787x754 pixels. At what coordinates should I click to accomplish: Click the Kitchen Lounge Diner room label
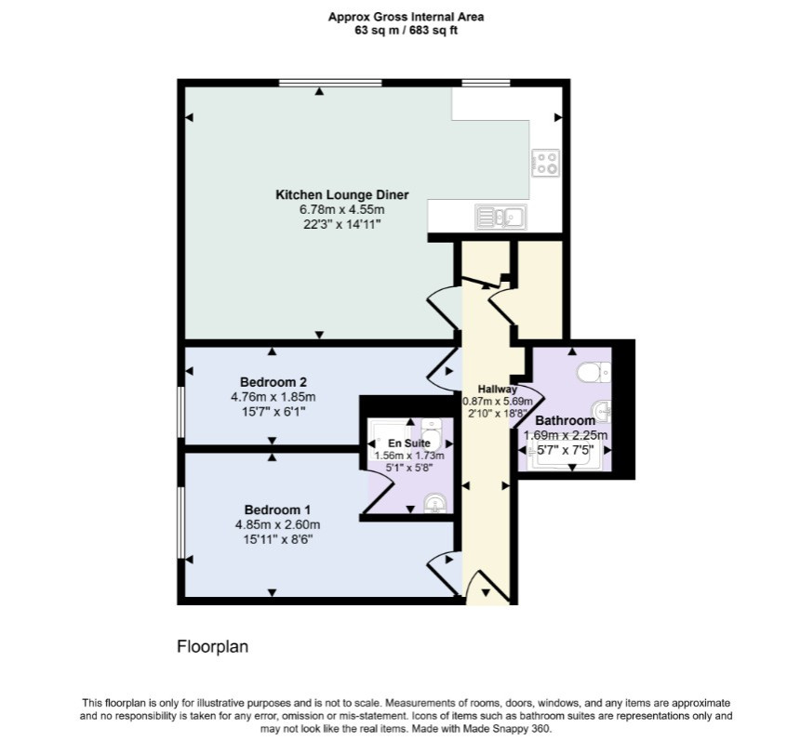pyautogui.click(x=341, y=194)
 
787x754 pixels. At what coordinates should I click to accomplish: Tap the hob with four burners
pyautogui.click(x=545, y=163)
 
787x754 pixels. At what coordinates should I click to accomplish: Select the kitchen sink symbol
pyautogui.click(x=500, y=218)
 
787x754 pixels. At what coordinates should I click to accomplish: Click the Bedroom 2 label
pyautogui.click(x=273, y=382)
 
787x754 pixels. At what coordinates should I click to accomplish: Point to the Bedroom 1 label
pyautogui.click(x=277, y=509)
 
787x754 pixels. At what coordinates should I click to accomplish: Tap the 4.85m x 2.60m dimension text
pyautogui.click(x=277, y=524)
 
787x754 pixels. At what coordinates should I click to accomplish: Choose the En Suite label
pyautogui.click(x=409, y=443)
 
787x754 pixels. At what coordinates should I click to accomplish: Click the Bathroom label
pyautogui.click(x=566, y=420)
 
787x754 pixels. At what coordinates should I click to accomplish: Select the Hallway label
pyautogui.click(x=497, y=390)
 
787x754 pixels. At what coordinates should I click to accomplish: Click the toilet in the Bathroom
pyautogui.click(x=594, y=373)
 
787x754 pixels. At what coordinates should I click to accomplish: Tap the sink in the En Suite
pyautogui.click(x=434, y=503)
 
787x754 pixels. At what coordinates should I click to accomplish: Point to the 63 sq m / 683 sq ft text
pyautogui.click(x=406, y=31)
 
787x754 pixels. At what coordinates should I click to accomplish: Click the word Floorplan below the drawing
pyautogui.click(x=212, y=647)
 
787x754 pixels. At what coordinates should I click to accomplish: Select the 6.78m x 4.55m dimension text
pyautogui.click(x=341, y=209)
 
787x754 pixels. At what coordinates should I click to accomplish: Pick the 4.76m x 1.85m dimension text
pyautogui.click(x=273, y=397)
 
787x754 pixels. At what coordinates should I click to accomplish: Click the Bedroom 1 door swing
pyautogui.click(x=444, y=573)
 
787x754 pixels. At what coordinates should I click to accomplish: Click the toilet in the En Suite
pyautogui.click(x=431, y=434)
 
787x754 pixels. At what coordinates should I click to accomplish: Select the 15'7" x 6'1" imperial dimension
pyautogui.click(x=273, y=412)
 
